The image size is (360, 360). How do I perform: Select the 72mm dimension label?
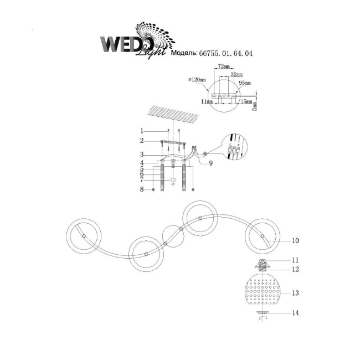tap(224, 66)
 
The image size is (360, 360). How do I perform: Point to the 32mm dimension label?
tap(236, 74)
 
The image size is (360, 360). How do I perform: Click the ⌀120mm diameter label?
tap(197, 80)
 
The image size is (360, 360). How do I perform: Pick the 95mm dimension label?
tap(244, 83)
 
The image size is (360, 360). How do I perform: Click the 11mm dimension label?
tap(207, 102)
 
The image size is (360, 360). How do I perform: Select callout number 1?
tap(142, 131)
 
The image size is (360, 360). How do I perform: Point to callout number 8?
tap(142, 189)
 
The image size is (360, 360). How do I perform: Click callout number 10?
tap(295, 241)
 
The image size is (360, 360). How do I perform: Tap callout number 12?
tap(295, 270)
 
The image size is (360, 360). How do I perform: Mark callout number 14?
tap(295, 313)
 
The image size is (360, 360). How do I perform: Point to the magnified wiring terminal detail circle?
tap(234, 147)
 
